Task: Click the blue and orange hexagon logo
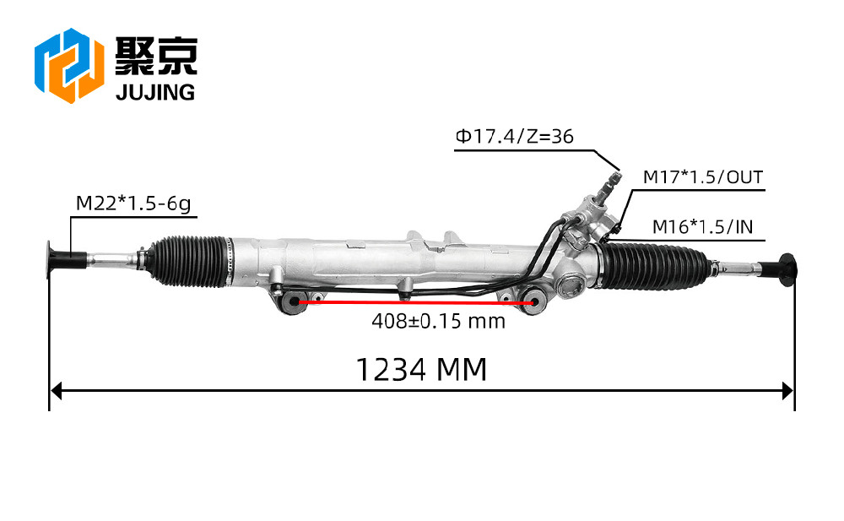tap(69, 65)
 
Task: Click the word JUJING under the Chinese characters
tap(155, 93)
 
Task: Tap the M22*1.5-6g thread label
tap(133, 204)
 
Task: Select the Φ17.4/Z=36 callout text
tap(515, 136)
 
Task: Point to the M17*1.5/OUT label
tap(703, 177)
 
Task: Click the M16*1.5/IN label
tap(702, 227)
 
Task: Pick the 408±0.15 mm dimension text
tap(438, 321)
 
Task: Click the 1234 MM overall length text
tap(421, 370)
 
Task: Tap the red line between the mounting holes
tap(415, 303)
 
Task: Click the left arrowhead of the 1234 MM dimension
tap(56, 391)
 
